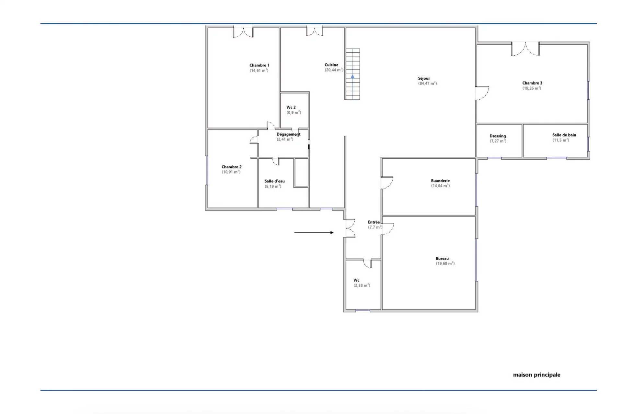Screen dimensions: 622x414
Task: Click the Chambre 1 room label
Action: (259, 65)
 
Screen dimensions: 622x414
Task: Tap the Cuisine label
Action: (331, 65)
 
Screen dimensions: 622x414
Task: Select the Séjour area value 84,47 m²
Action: (427, 84)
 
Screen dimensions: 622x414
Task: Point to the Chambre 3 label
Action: (532, 83)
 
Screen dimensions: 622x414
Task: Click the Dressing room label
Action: (498, 136)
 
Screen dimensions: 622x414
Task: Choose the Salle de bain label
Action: (564, 135)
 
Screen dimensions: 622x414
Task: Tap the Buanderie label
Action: (440, 181)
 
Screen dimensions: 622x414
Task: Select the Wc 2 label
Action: (291, 107)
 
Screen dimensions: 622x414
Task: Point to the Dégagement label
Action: (288, 134)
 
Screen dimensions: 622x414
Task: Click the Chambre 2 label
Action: (231, 167)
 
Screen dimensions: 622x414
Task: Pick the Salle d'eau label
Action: (274, 181)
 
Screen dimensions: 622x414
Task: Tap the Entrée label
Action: (374, 222)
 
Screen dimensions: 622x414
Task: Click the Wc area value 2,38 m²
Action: (362, 285)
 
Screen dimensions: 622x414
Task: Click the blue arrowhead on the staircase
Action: (352, 77)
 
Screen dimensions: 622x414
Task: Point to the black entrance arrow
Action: (314, 232)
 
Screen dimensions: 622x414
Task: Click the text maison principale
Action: (536, 375)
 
